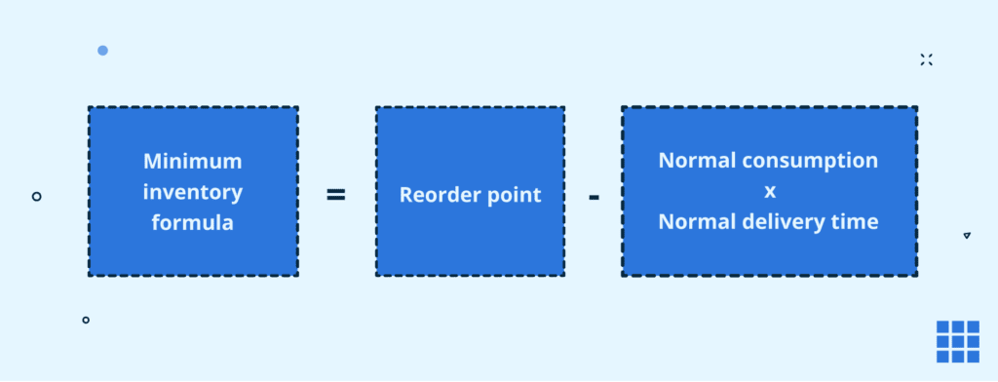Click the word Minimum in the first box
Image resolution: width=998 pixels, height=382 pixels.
192,161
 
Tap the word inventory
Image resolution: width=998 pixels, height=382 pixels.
192,192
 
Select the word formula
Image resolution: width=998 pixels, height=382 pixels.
192,222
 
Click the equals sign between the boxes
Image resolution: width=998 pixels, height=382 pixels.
335,195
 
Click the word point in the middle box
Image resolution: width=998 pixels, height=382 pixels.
515,195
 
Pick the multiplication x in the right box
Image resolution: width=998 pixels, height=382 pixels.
769,191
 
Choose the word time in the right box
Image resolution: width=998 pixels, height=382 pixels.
857,222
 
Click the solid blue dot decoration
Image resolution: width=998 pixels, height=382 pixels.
102,50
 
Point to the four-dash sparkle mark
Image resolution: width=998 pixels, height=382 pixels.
926,59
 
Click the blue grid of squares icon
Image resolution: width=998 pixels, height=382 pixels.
957,341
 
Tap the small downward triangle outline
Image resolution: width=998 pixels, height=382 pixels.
966,236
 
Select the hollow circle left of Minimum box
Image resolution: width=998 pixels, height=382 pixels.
37,196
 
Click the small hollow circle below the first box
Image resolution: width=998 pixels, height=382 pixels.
86,320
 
